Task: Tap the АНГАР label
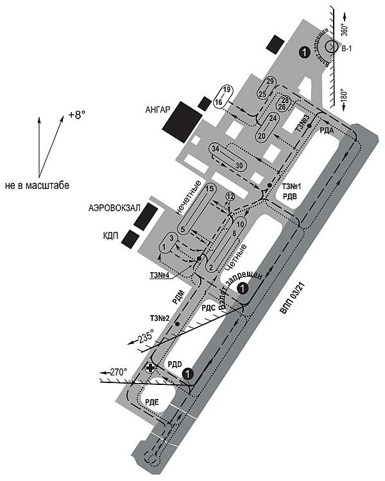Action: point(157,110)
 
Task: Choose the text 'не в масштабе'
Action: point(36,185)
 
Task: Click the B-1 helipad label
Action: point(346,49)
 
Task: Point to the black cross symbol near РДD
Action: point(150,368)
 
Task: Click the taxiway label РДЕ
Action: point(152,402)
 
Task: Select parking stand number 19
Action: point(226,89)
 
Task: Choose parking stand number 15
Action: point(209,189)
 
